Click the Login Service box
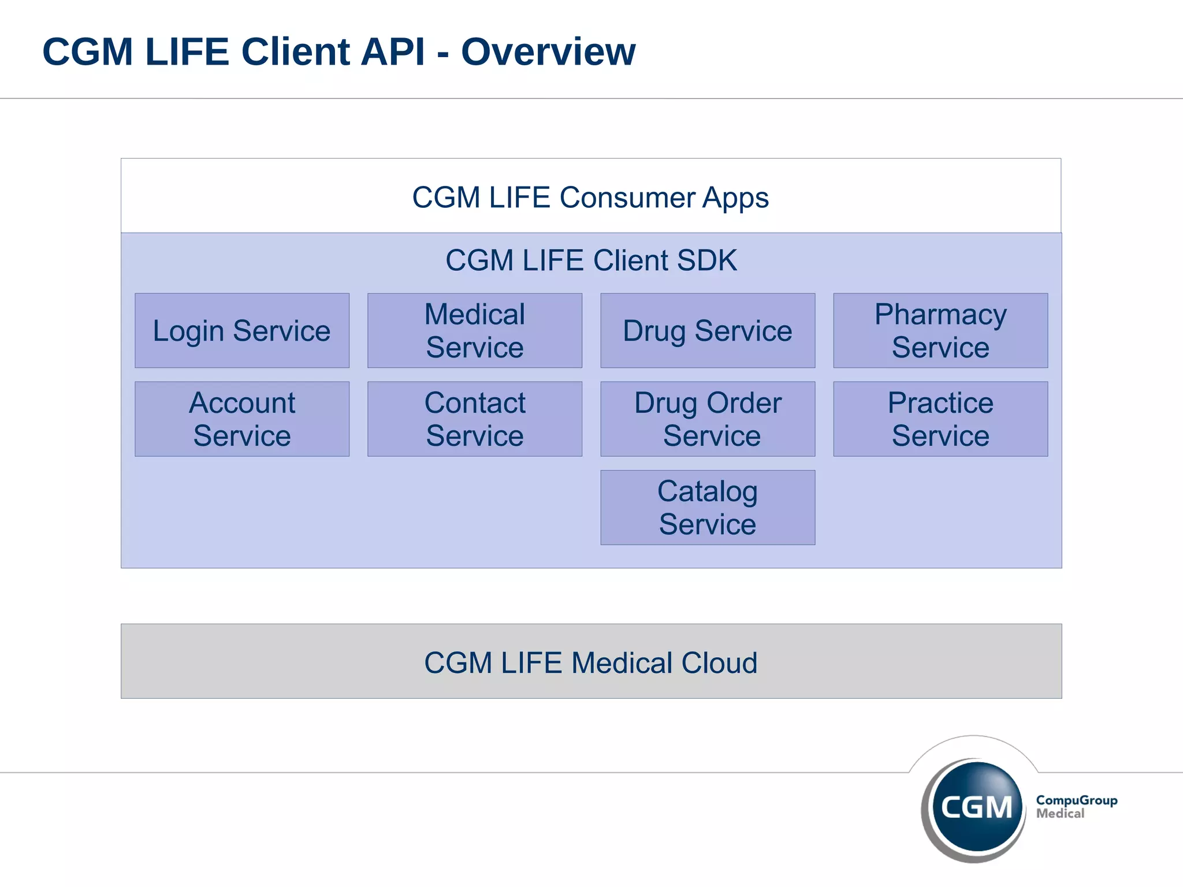(x=241, y=331)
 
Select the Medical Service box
(x=474, y=331)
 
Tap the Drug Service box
(x=707, y=331)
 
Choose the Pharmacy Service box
(x=940, y=331)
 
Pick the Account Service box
(x=241, y=419)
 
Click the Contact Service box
(x=474, y=419)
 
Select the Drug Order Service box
(x=707, y=419)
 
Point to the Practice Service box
(x=940, y=419)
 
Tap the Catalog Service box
(x=707, y=508)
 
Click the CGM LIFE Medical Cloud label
(x=590, y=662)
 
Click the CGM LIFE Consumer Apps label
(x=590, y=197)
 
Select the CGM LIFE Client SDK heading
(x=590, y=260)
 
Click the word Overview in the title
(x=548, y=52)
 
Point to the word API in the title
(x=392, y=52)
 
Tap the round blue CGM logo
(x=976, y=806)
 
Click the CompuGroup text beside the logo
(x=1076, y=800)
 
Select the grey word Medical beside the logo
(x=1060, y=814)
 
